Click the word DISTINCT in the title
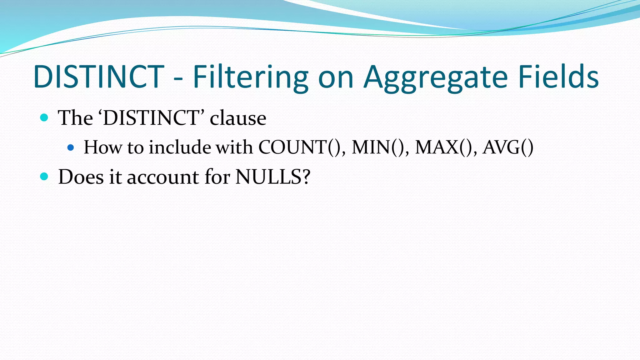pyautogui.click(x=99, y=77)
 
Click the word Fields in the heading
pyautogui.click(x=558, y=77)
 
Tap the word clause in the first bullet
pyautogui.click(x=238, y=118)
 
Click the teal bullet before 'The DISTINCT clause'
pyautogui.click(x=44, y=118)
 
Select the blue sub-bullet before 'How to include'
pyautogui.click(x=71, y=147)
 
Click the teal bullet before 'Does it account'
pyautogui.click(x=44, y=177)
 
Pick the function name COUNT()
pyautogui.click(x=301, y=147)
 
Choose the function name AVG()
pyautogui.click(x=508, y=147)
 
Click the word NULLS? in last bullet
pyautogui.click(x=273, y=177)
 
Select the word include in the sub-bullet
pyautogui.click(x=180, y=147)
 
